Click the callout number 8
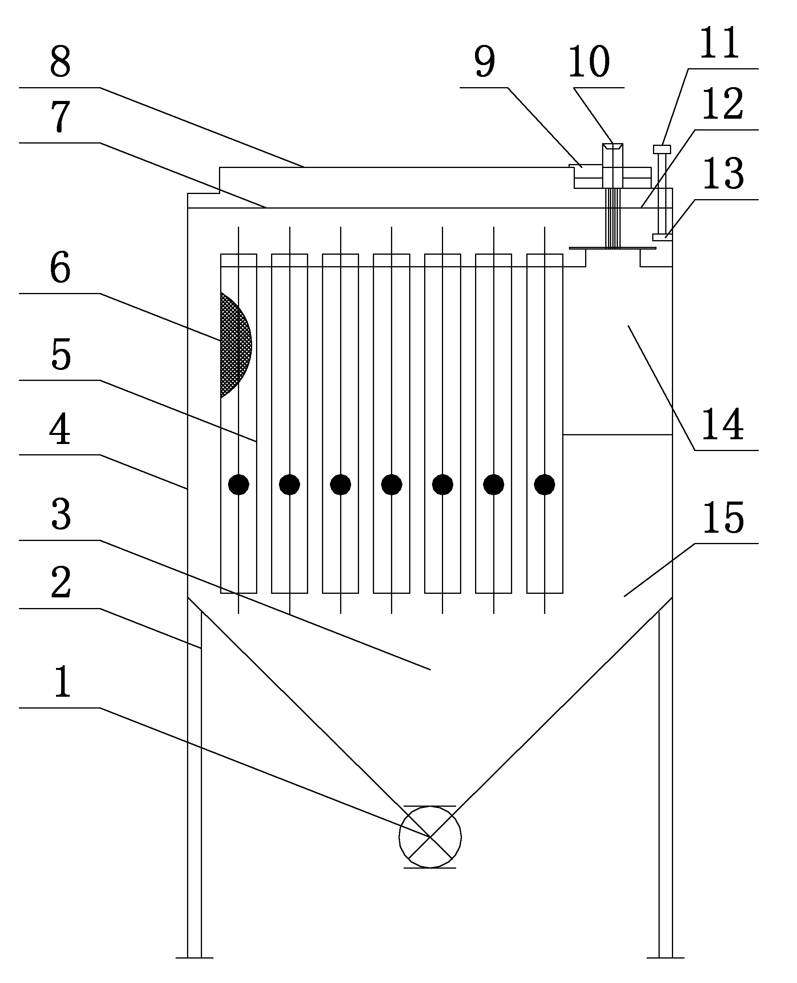tap(61, 62)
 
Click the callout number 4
tap(60, 429)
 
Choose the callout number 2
tap(61, 582)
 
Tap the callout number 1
tap(62, 682)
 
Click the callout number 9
tap(485, 62)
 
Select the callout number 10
tap(589, 62)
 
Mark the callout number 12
tap(723, 104)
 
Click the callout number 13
tap(724, 173)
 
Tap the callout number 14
tap(723, 425)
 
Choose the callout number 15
tap(724, 517)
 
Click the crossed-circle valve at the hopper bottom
tap(430, 837)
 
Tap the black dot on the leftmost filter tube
tap(239, 484)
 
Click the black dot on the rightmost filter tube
tap(544, 484)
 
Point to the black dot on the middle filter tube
tap(392, 484)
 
